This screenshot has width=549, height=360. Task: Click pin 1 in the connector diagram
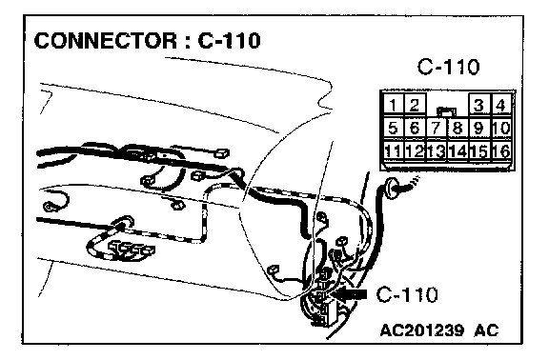[394, 104]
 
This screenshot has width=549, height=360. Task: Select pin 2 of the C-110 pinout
[415, 104]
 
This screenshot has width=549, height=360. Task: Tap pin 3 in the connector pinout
[478, 104]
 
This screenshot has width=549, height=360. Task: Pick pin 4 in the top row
[501, 104]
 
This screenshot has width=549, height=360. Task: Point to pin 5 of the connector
[394, 128]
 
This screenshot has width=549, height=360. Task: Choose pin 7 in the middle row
[436, 128]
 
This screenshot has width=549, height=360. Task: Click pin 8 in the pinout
[457, 128]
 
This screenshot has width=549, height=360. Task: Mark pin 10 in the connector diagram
[501, 128]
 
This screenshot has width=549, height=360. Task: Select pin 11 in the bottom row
[394, 151]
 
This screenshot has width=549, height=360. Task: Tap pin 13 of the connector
[436, 151]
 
